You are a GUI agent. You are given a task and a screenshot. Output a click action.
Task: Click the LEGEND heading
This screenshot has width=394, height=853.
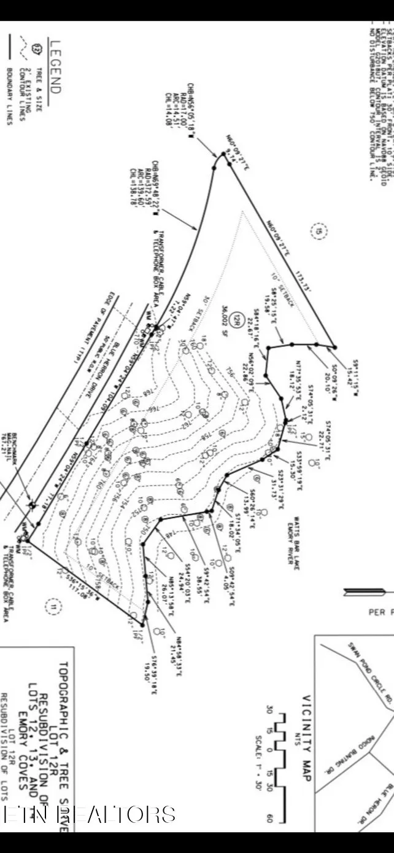pos(55,67)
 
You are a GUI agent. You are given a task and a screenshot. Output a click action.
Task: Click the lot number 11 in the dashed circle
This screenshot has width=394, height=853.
pos(53,608)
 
